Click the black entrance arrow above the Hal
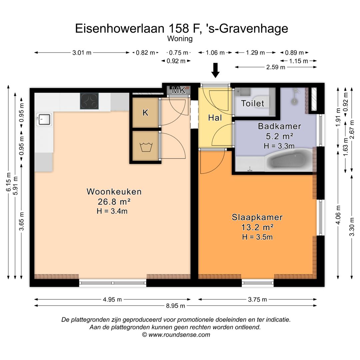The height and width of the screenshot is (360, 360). pos(215,70)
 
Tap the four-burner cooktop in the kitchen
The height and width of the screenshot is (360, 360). pos(89,101)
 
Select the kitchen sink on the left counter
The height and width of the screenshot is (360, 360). pos(44,119)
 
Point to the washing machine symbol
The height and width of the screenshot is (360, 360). pos(145,147)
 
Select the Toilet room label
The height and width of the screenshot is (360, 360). pos(253,103)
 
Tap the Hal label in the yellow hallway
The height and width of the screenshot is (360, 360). pos(215,118)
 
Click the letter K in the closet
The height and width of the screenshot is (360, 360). pos(145,113)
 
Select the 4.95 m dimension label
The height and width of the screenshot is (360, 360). pos(112,299)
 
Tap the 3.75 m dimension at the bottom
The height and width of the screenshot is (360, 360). pos(257,299)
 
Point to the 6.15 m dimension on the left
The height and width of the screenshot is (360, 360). pos(8,182)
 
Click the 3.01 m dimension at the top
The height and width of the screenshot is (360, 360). pos(82,53)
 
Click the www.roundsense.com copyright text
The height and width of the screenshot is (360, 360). pos(176,335)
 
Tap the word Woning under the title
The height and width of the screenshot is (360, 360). pos(180,39)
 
